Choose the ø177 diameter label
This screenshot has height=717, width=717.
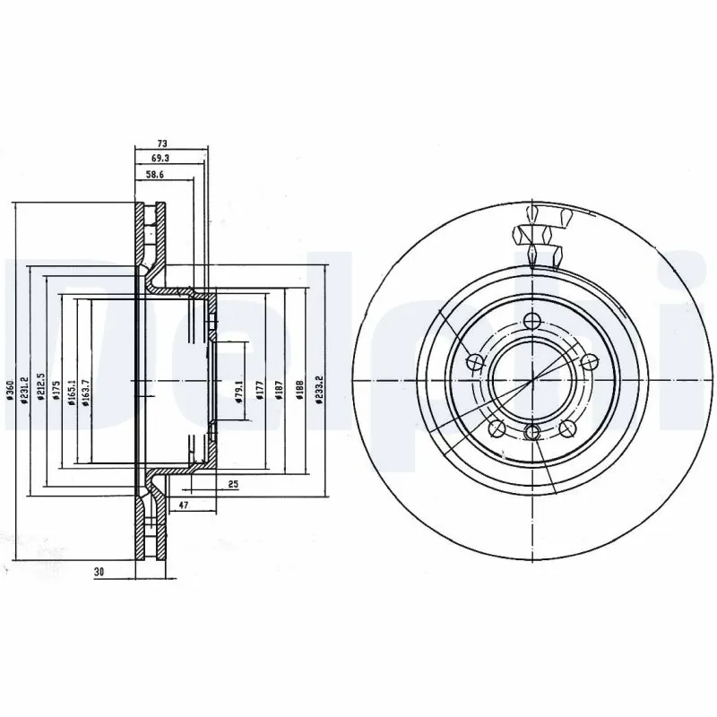(258, 393)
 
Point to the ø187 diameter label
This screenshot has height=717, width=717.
(280, 393)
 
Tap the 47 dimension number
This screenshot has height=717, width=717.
(183, 506)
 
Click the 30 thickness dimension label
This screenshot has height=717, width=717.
(98, 571)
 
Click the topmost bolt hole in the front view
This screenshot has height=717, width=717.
(532, 323)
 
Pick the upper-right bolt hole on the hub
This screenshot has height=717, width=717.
(589, 362)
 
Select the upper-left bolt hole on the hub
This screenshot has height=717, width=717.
(476, 362)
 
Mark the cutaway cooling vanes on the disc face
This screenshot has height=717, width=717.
(542, 237)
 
